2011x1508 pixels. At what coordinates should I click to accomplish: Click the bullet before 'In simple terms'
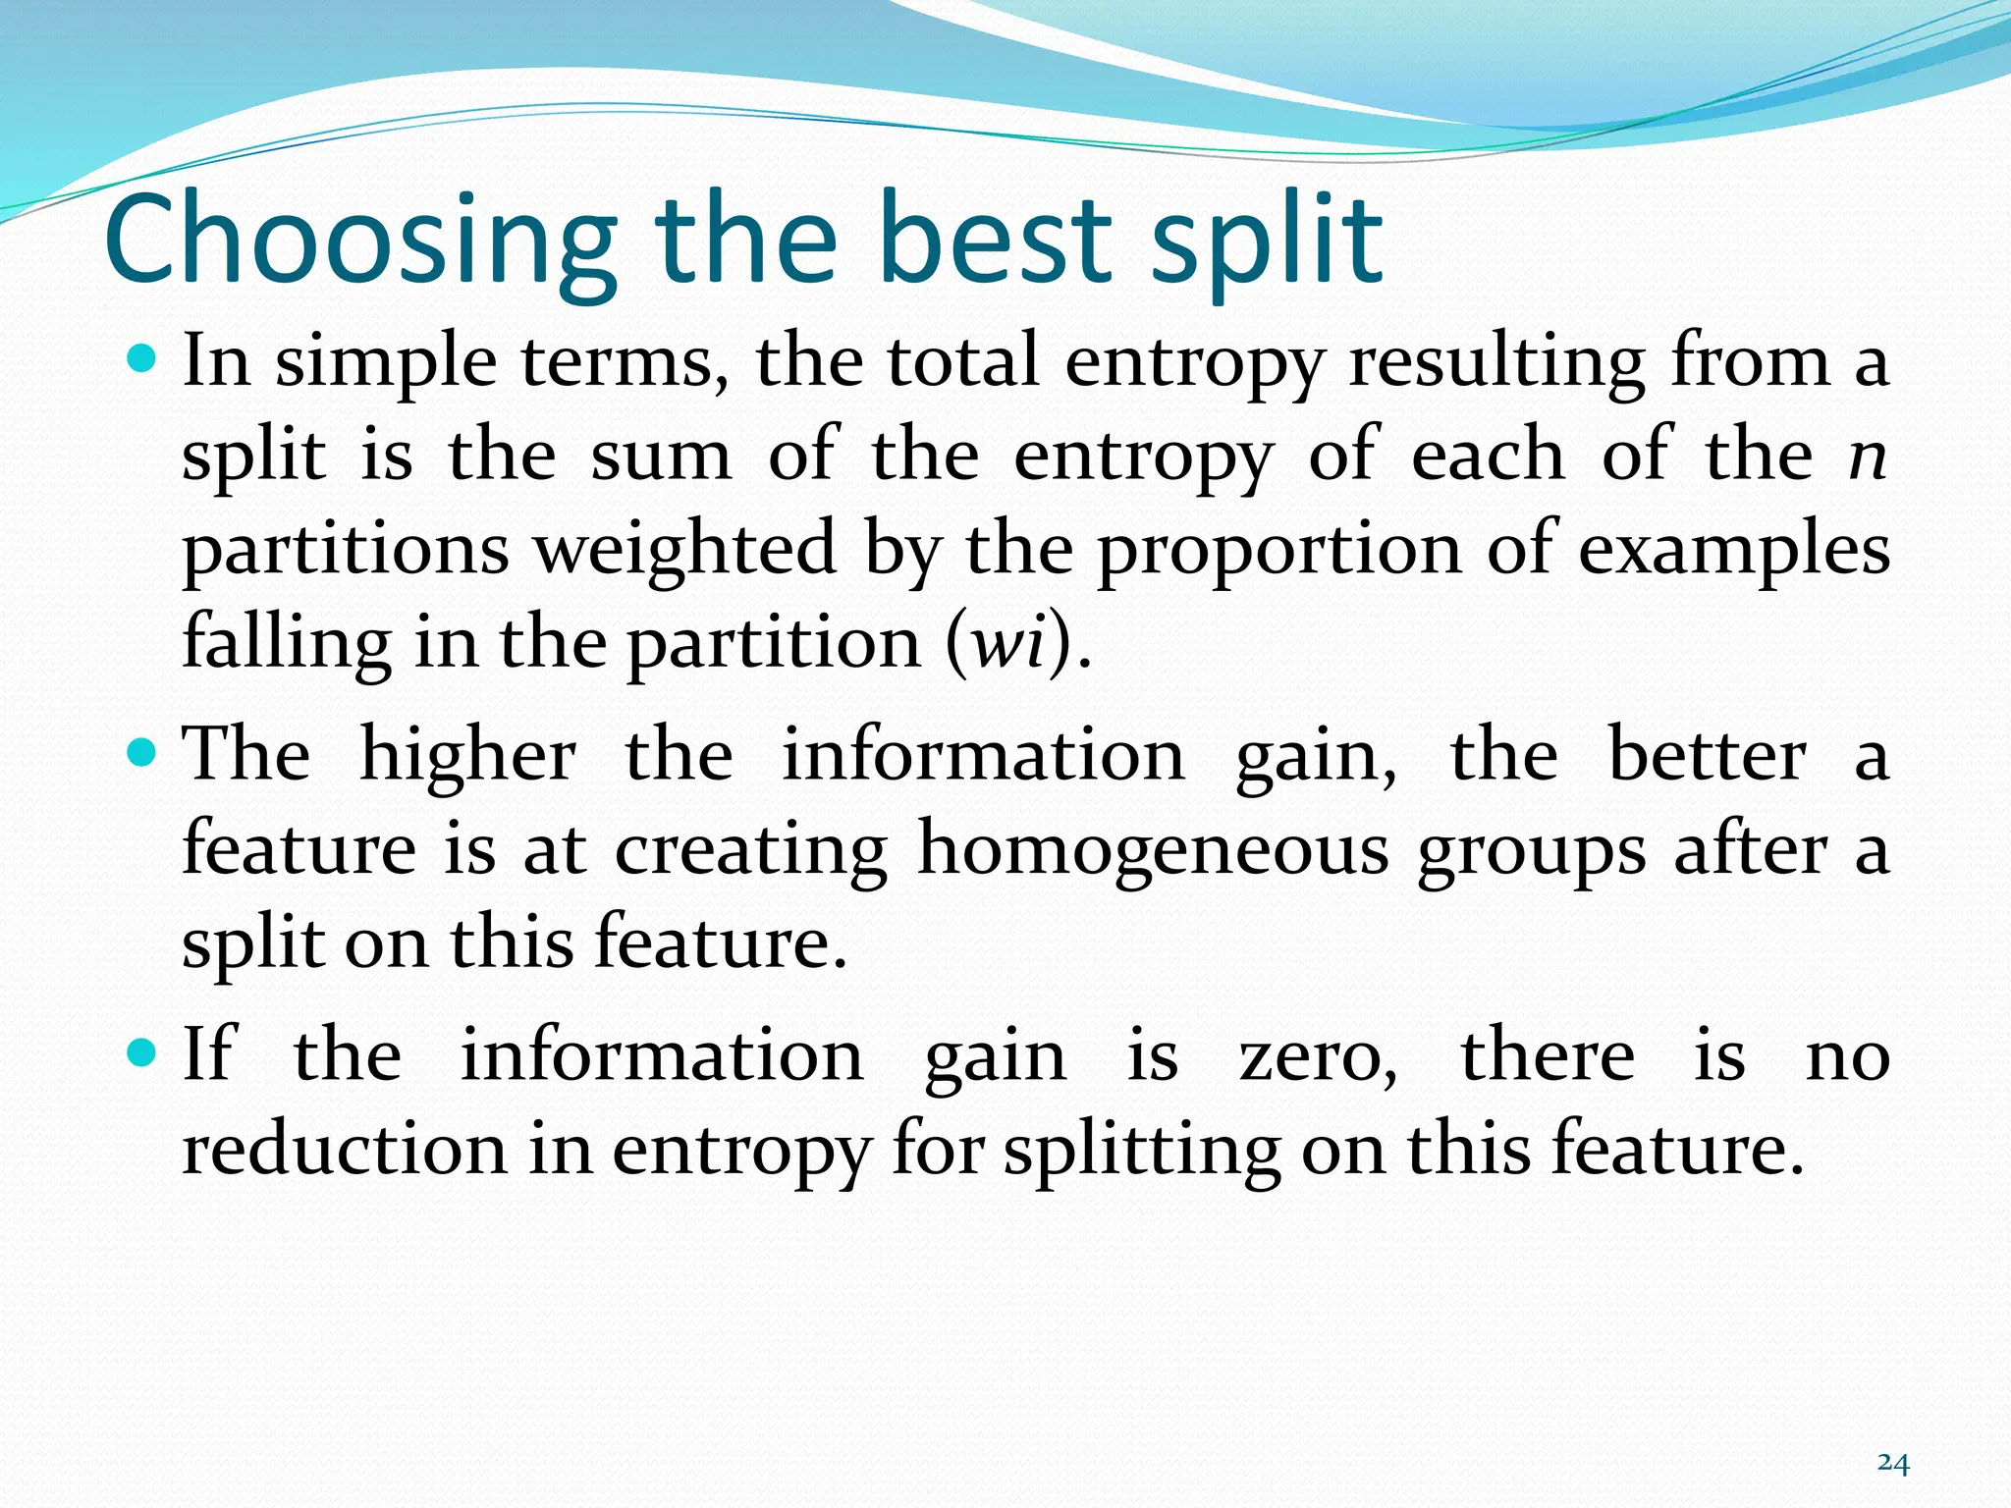click(x=142, y=360)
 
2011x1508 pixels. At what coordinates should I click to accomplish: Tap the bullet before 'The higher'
click(x=142, y=754)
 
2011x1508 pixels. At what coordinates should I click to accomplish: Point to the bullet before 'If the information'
click(x=142, y=1054)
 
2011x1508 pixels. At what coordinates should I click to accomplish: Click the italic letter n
click(x=1867, y=458)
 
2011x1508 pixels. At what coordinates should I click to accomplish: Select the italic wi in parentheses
click(x=1006, y=643)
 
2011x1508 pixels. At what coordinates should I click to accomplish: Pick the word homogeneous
click(x=1153, y=850)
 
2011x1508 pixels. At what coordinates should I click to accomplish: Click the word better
click(x=1707, y=756)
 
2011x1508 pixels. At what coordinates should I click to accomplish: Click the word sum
click(x=661, y=458)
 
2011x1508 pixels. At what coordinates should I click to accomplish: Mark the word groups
click(x=1531, y=852)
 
